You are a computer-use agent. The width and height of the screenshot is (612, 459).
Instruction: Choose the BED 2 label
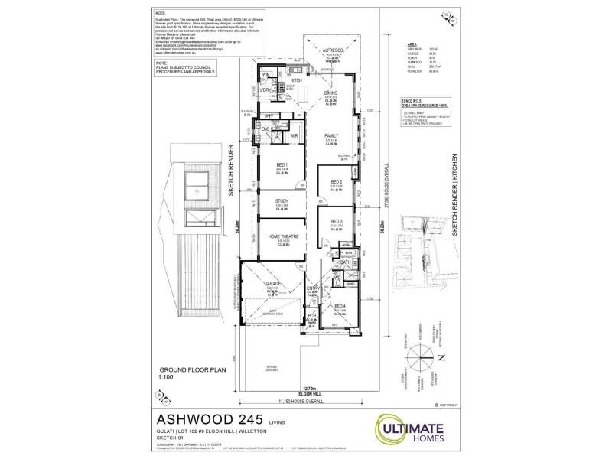[x=336, y=181]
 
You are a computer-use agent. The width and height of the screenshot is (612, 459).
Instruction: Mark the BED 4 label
[x=340, y=305]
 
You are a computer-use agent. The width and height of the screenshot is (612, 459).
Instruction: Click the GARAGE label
[x=272, y=284]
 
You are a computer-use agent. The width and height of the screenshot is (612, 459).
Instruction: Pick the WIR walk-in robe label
[x=293, y=135]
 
